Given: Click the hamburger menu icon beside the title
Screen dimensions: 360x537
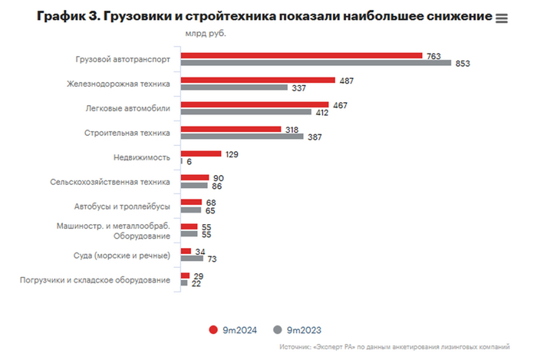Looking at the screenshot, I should click(502, 18).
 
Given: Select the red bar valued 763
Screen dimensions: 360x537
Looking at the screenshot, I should click(301, 55).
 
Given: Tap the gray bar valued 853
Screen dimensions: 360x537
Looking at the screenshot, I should click(315, 63).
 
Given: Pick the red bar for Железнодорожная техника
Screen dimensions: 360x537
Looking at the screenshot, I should click(257, 80).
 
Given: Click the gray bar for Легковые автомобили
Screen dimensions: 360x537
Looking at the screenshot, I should click(245, 112).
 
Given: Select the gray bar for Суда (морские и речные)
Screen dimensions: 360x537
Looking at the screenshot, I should click(191, 259).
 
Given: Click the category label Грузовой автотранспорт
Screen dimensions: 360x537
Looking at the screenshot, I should click(124, 59).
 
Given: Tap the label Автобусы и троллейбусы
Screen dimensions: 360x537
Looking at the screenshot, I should click(122, 206).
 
